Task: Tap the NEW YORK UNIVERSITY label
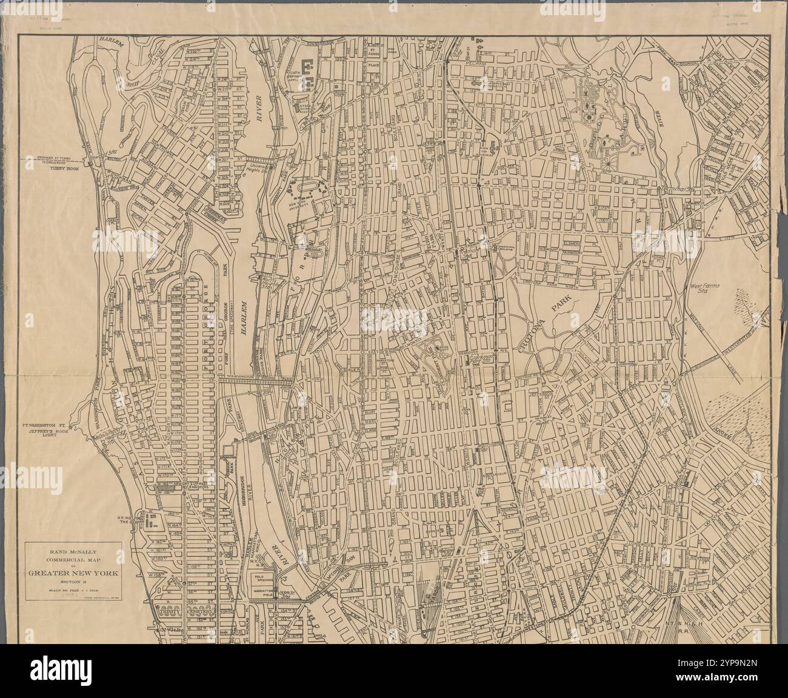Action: click(298, 209)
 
